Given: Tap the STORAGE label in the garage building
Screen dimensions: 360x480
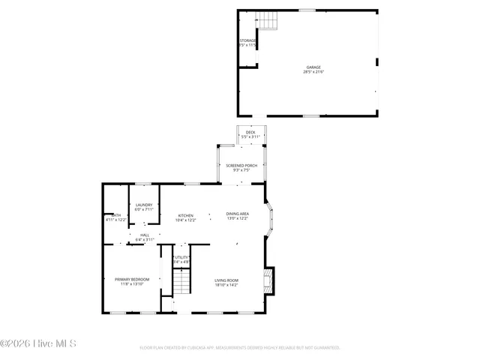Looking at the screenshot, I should point(247,40).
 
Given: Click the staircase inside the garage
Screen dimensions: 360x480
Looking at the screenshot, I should point(268,22).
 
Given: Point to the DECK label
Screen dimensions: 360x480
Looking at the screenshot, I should point(250,132).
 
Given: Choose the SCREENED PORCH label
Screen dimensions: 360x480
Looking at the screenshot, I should point(241,165).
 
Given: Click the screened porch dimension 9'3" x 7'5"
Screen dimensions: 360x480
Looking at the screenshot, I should point(241,170).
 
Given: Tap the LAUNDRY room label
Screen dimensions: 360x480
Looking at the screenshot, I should point(144,205).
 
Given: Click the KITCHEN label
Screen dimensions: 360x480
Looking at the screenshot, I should point(185,214).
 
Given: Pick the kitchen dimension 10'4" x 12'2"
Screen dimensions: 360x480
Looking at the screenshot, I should point(185,220).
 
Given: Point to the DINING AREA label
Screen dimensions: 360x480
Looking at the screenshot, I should point(238,214).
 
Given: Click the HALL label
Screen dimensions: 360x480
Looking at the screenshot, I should point(144,235).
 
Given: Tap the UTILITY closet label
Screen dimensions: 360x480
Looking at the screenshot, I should point(181,257).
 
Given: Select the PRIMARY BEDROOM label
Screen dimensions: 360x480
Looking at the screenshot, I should point(132,279).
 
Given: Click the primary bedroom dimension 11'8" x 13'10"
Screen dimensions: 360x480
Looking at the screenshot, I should point(132,284).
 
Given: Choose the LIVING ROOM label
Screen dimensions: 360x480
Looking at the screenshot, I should point(226,280).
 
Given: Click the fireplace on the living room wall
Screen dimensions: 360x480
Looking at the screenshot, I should point(268,282).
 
